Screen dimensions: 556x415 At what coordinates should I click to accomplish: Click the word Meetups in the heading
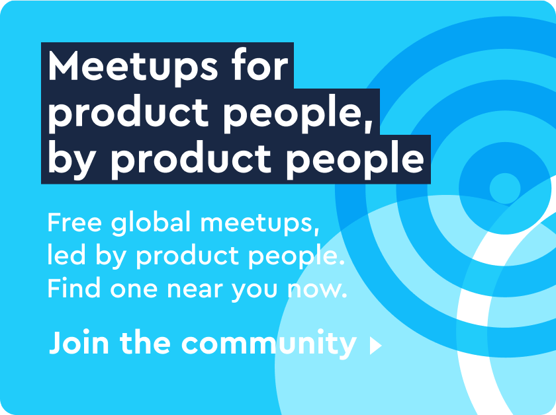[132, 67]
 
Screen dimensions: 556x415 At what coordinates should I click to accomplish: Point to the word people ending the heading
[355, 159]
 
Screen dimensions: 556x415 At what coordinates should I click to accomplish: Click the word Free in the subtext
[74, 223]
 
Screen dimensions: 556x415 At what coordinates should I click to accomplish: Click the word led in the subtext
[66, 254]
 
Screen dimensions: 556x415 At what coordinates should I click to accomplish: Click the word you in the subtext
[254, 291]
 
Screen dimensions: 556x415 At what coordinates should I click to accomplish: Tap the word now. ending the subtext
[316, 289]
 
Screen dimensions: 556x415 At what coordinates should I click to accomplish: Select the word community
[269, 344]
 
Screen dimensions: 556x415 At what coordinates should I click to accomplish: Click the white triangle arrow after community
[375, 346]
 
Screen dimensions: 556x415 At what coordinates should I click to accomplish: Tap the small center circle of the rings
[504, 188]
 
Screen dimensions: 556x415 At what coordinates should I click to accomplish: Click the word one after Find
[134, 289]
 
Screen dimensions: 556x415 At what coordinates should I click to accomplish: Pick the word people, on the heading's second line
[299, 115]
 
